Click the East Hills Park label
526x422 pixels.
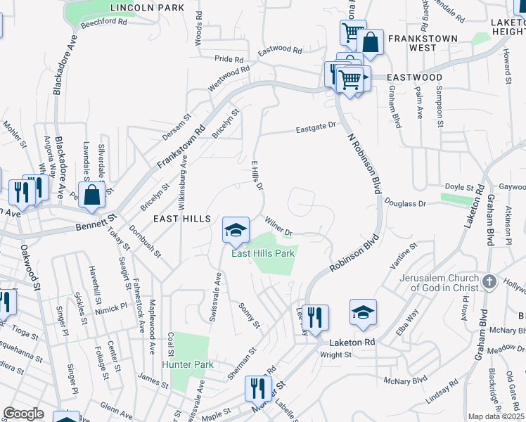coord(264,253)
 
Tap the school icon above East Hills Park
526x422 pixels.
coord(236,229)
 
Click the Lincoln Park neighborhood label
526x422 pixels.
coord(147,8)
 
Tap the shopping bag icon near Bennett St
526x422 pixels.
coord(92,196)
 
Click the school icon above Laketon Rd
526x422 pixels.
coord(363,312)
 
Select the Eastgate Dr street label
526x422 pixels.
coord(316,127)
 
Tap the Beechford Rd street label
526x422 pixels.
coord(103,22)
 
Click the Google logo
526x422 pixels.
coord(23,414)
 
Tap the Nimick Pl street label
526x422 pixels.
coord(113,307)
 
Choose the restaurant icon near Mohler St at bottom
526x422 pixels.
coord(257,388)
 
